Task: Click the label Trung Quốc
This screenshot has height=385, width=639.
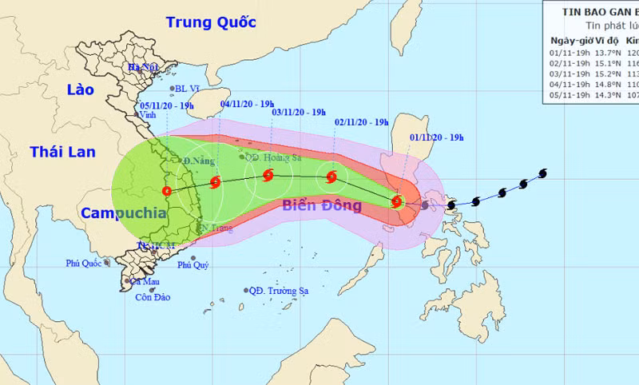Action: coord(212,22)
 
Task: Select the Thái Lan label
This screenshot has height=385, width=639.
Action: coord(62,152)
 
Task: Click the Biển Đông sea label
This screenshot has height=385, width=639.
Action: coord(322,206)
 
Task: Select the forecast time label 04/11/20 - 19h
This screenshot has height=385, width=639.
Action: coord(247,104)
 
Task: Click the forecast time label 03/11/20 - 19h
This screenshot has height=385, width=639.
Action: coord(298,113)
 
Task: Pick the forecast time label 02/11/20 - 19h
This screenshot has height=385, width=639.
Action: coord(362,122)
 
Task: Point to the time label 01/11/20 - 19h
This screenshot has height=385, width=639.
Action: coord(436,137)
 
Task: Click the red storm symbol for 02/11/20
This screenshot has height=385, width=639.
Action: coord(331,177)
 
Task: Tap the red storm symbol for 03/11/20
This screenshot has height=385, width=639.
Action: coord(268,174)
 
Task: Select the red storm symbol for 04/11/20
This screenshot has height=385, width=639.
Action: coord(215,182)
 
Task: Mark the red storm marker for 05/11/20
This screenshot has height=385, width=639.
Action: coord(166,191)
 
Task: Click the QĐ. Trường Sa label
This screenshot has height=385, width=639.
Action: coord(280,291)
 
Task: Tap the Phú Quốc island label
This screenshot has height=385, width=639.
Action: coord(83,264)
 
